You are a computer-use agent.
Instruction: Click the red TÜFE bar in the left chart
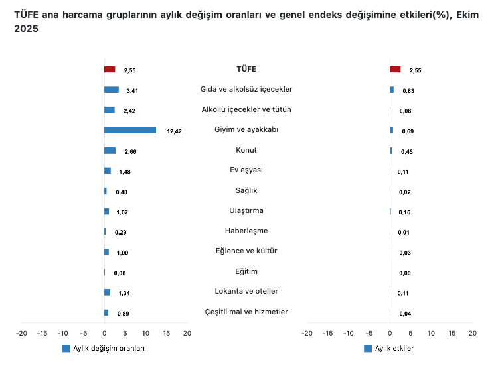pos(110,69)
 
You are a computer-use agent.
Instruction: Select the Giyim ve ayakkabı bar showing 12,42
pos(130,130)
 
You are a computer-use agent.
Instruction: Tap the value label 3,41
pos(132,90)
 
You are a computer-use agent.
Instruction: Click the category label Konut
pos(246,150)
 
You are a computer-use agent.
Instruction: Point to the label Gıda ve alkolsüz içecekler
pos(246,89)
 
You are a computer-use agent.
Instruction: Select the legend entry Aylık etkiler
pos(394,348)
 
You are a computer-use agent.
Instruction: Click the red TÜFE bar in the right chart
pos(395,69)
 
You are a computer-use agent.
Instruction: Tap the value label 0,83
pos(408,90)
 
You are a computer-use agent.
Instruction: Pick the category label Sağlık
pos(246,190)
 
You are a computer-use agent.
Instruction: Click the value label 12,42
pos(174,131)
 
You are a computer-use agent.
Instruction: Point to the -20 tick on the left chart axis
pos(22,333)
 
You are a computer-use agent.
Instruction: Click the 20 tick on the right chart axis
pos(472,333)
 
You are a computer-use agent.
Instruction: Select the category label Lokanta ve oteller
pos(246,291)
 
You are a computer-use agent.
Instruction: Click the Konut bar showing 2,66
pos(110,151)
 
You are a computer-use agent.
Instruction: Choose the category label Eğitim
pos(246,271)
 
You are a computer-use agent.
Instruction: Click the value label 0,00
pos(405,273)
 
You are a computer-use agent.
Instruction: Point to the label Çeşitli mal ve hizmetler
pos(246,312)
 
